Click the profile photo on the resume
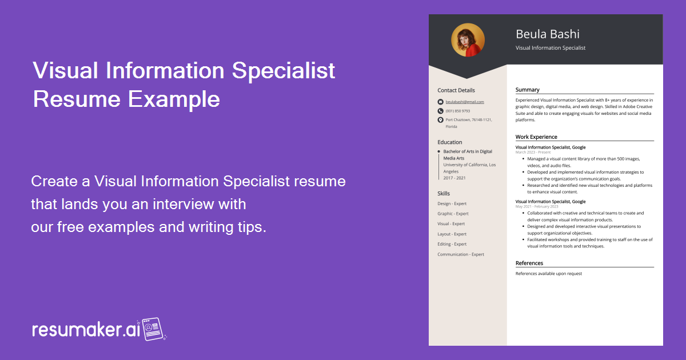[x=468, y=40]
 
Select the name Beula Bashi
[x=547, y=34]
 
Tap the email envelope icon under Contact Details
[x=440, y=102]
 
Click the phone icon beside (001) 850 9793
[x=440, y=111]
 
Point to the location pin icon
[x=440, y=120]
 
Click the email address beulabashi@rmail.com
[x=465, y=102]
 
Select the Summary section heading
[x=527, y=90]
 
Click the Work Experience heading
[x=536, y=137]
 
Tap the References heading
[x=529, y=263]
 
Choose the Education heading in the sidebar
[x=450, y=142]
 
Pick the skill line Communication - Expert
[x=461, y=254]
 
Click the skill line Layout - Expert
[x=452, y=234]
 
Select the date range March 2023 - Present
[x=533, y=153]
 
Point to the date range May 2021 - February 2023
[x=537, y=206]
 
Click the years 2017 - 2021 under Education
[x=454, y=178]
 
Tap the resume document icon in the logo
[x=153, y=329]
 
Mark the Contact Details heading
[x=456, y=90]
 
